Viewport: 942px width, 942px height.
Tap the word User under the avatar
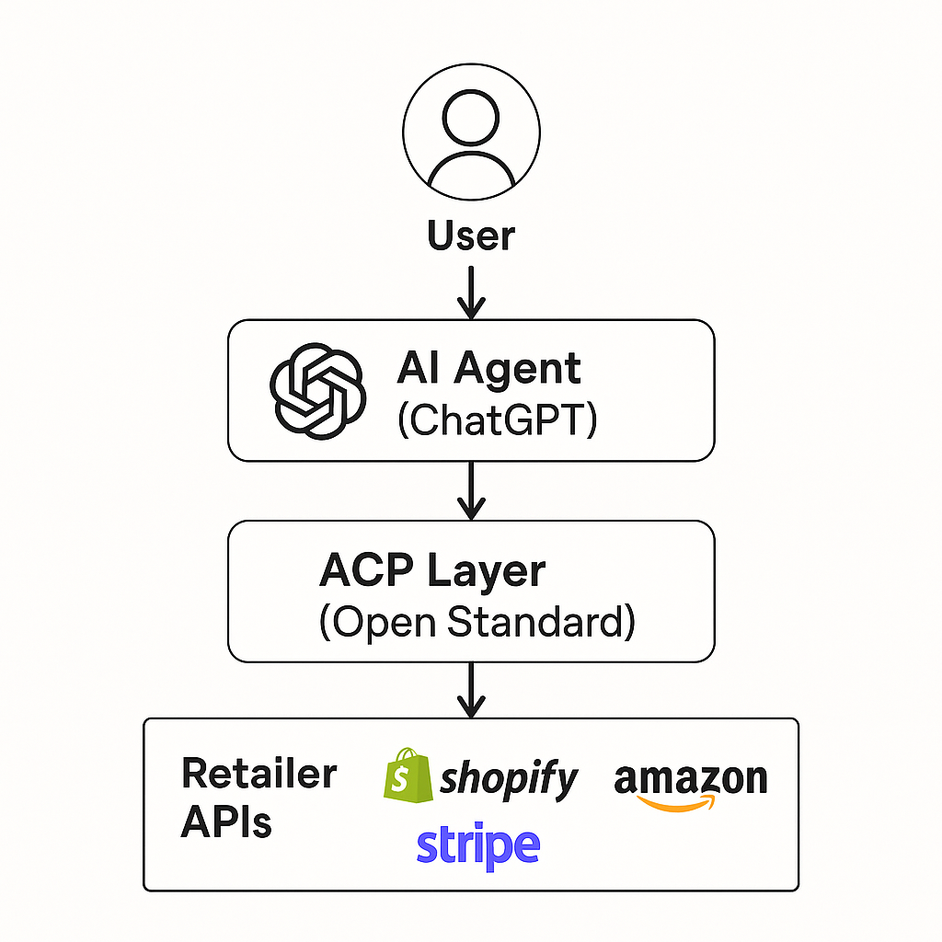471,235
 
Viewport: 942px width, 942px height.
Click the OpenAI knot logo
317,391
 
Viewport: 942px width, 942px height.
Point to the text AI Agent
488,370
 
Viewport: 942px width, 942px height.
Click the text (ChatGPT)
497,420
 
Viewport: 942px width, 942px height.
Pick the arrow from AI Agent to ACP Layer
471,489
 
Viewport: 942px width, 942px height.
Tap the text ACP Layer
431,570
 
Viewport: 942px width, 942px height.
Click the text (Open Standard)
477,622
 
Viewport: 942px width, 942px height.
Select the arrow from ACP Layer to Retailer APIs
471,690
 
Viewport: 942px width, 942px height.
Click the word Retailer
259,774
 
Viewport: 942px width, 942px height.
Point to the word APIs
226,821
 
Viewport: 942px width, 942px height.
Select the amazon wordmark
690,779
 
